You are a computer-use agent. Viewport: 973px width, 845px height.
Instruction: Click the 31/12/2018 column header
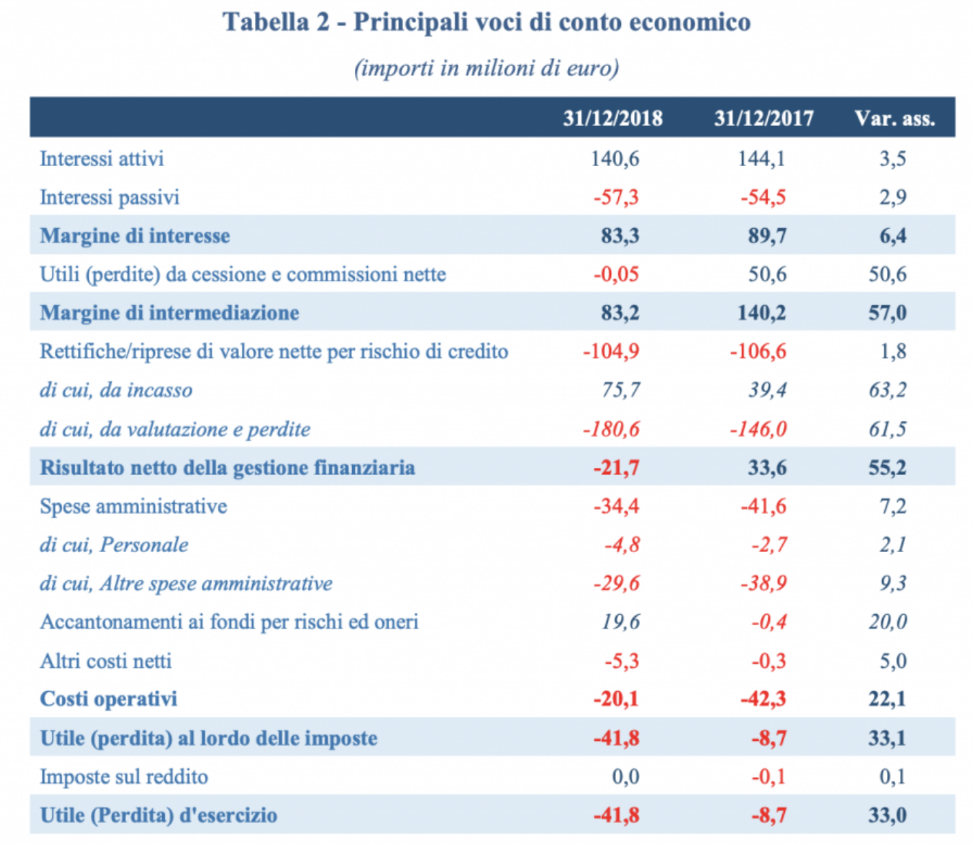(612, 119)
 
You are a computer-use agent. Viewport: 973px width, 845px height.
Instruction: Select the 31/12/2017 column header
(764, 119)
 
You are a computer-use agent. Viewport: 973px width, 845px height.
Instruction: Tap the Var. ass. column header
(894, 119)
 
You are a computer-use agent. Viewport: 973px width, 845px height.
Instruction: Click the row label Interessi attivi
(102, 159)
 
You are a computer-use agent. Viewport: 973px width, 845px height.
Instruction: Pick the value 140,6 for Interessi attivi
(615, 159)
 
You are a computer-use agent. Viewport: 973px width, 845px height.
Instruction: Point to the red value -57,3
(616, 198)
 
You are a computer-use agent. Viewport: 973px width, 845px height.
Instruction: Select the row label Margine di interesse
(135, 236)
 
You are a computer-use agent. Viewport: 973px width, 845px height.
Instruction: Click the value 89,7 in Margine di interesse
(767, 236)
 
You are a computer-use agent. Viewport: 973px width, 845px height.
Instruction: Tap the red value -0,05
(616, 274)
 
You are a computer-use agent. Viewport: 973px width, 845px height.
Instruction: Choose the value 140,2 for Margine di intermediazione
(761, 313)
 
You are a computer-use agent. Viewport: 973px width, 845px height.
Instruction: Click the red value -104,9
(611, 352)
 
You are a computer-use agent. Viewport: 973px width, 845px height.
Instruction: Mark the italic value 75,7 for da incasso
(620, 390)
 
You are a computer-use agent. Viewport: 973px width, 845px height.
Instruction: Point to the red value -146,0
(758, 429)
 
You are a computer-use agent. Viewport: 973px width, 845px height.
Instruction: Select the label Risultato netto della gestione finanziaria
(227, 468)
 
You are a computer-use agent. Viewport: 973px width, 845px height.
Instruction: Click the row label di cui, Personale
(114, 545)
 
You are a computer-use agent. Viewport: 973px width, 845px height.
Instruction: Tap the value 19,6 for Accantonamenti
(620, 622)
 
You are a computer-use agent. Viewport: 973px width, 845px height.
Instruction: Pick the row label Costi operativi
(109, 699)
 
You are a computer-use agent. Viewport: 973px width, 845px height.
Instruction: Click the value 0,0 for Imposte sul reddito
(625, 777)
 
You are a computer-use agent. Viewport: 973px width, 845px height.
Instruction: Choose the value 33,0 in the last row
(887, 815)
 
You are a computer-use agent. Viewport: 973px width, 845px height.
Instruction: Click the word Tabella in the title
(265, 22)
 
